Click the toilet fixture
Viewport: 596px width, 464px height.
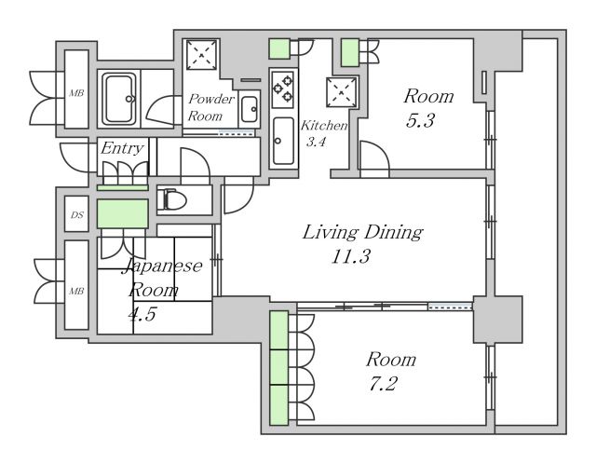[x=171, y=199]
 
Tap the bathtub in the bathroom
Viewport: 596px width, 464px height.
[x=119, y=99]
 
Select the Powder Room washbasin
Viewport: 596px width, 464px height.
[x=250, y=109]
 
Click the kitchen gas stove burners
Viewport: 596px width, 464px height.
[x=283, y=88]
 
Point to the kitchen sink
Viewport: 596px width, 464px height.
[x=283, y=141]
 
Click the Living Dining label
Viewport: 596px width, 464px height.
[x=362, y=232]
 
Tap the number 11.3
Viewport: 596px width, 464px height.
[x=350, y=256]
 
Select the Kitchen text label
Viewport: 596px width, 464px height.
[x=324, y=126]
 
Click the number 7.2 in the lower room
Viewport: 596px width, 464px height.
[x=383, y=384]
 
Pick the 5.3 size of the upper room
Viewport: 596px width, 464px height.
[x=420, y=120]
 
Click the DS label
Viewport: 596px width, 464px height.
[x=76, y=215]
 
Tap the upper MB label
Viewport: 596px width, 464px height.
[x=76, y=93]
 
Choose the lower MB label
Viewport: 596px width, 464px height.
[x=76, y=292]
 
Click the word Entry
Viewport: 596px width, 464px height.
[x=122, y=148]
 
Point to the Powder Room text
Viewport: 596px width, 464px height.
[x=211, y=107]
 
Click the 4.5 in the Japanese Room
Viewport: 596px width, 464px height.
[x=142, y=314]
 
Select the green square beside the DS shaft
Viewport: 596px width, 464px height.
[x=122, y=213]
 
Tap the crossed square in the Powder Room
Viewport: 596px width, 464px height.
[x=201, y=54]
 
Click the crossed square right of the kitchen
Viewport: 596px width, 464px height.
[x=342, y=92]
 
